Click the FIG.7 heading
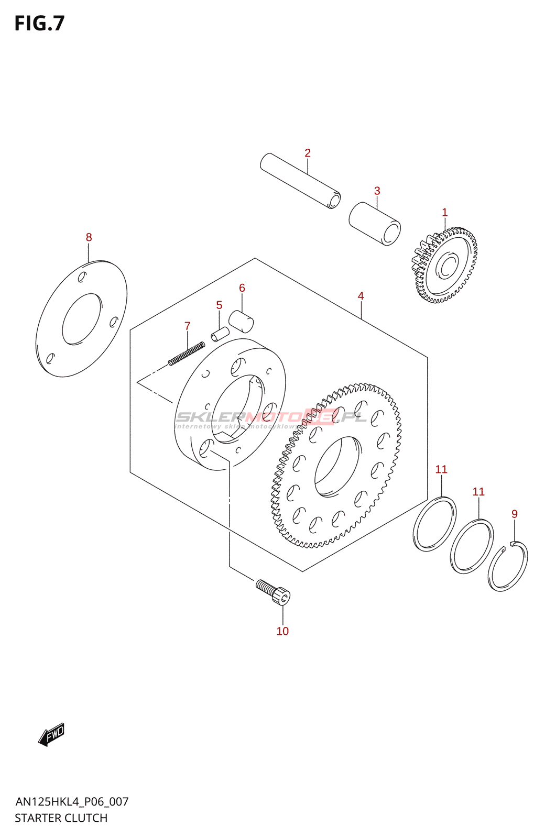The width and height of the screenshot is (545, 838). (x=39, y=24)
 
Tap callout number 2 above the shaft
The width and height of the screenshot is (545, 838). (x=308, y=153)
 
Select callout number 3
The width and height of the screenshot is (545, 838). (x=377, y=191)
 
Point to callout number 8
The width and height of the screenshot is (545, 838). (x=89, y=237)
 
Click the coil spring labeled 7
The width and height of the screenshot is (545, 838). (x=187, y=353)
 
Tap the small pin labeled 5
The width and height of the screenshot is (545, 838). (x=220, y=334)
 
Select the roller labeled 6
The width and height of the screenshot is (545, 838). (x=242, y=321)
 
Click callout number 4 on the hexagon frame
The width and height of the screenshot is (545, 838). (x=361, y=296)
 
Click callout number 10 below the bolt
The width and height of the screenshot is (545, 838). (x=282, y=631)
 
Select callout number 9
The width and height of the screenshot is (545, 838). (x=515, y=514)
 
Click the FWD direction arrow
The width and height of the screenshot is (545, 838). (x=51, y=734)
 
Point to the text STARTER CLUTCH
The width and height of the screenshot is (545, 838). (x=61, y=818)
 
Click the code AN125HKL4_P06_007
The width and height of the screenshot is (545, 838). (x=72, y=801)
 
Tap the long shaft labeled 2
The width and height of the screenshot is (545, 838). (x=300, y=181)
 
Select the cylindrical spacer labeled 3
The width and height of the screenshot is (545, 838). (x=375, y=224)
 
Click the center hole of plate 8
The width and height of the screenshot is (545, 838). (x=81, y=319)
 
